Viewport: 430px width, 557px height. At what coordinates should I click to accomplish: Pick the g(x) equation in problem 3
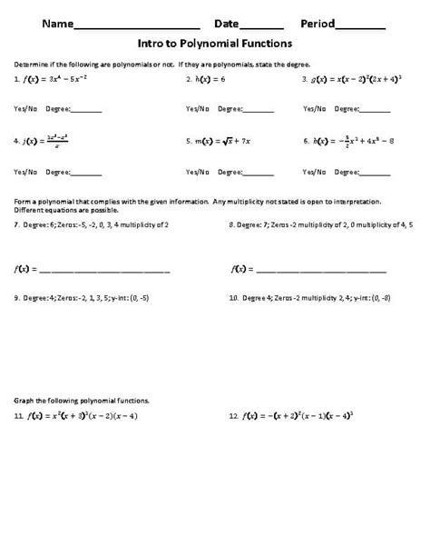[x=349, y=80]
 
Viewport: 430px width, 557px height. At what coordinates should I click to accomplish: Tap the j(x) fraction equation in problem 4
[x=54, y=142]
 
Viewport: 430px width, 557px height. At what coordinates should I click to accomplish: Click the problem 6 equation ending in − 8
[x=350, y=142]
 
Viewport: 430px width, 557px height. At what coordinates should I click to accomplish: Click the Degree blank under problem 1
[x=85, y=110]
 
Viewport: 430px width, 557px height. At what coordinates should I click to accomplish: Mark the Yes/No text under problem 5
[x=197, y=172]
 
